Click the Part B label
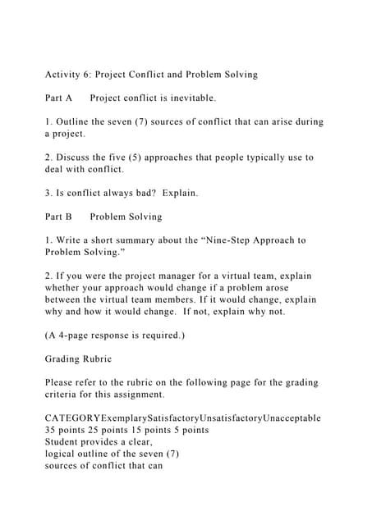pyautogui.click(x=59, y=217)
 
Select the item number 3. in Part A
pyautogui.click(x=48, y=194)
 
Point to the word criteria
pyautogui.click(x=60, y=395)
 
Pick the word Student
pyautogui.click(x=64, y=442)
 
